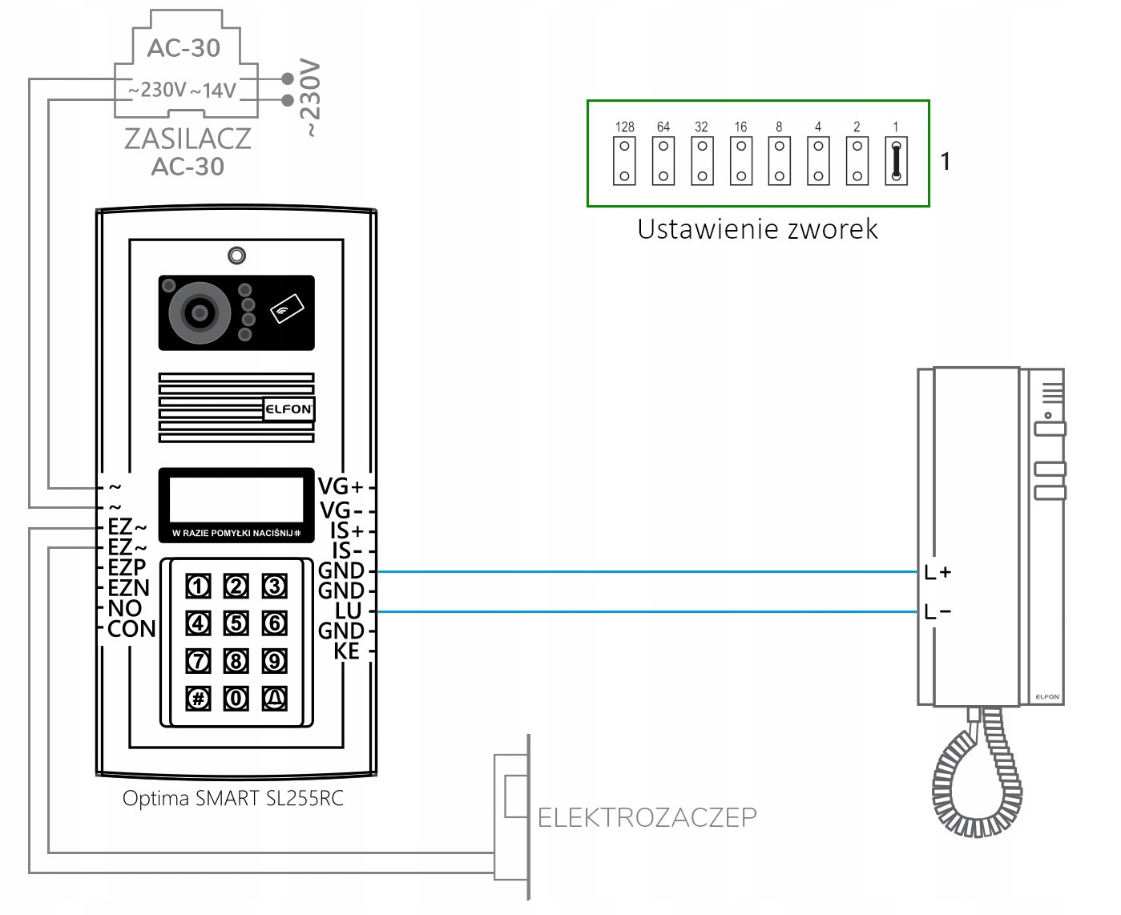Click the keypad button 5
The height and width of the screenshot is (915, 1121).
tap(236, 623)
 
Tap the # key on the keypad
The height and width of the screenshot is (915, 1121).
tap(198, 698)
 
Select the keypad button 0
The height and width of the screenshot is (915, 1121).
tap(236, 698)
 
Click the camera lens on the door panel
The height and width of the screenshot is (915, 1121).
tap(200, 313)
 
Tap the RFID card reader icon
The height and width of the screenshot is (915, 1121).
tap(287, 308)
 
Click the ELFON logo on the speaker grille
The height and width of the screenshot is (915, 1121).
tap(288, 409)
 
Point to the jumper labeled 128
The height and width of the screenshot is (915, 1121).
tap(624, 161)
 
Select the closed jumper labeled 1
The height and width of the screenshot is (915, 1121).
tap(896, 161)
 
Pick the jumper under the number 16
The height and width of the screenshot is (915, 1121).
tap(741, 161)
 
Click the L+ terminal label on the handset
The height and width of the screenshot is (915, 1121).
tap(938, 572)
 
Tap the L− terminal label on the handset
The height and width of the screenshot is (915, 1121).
tap(938, 612)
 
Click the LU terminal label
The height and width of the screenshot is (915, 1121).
tap(349, 611)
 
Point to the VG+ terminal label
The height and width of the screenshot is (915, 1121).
tap(341, 486)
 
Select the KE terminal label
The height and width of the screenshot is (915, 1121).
tap(347, 651)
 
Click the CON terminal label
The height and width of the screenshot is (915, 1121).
tap(132, 629)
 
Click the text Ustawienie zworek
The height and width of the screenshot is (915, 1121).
tap(757, 229)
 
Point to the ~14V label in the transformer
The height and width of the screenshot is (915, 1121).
tap(213, 91)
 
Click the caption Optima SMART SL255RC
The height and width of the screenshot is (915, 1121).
tap(233, 799)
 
